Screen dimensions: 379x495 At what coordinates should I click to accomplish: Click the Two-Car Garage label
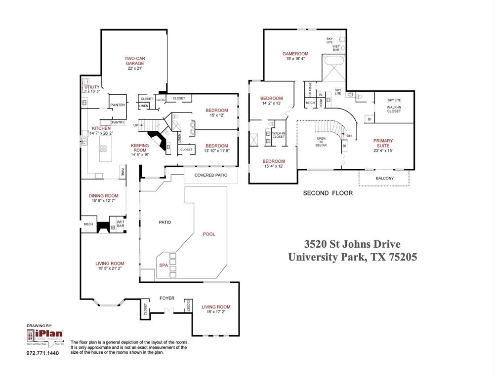pyautogui.click(x=134, y=61)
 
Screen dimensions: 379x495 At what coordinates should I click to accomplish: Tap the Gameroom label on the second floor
pyautogui.click(x=295, y=54)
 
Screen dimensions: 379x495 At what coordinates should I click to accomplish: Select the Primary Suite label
pyautogui.click(x=383, y=143)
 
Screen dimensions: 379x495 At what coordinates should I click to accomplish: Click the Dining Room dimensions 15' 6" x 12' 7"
pyautogui.click(x=104, y=201)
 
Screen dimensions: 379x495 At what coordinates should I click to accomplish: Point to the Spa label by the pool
pyautogui.click(x=163, y=265)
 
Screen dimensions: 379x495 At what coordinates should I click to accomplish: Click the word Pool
pyautogui.click(x=209, y=234)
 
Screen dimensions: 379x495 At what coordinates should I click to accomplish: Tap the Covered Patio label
pyautogui.click(x=211, y=175)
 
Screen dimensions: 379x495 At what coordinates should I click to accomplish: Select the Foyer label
pyautogui.click(x=167, y=298)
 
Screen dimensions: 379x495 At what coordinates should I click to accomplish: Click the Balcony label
pyautogui.click(x=384, y=178)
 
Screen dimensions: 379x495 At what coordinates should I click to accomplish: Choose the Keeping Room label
pyautogui.click(x=139, y=148)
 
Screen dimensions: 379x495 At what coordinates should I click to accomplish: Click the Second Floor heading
pyautogui.click(x=328, y=193)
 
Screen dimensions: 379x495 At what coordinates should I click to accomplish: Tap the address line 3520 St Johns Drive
pyautogui.click(x=352, y=244)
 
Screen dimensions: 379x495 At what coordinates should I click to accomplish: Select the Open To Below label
pyautogui.click(x=321, y=142)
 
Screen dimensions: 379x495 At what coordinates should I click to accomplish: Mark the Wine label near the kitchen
pyautogui.click(x=122, y=172)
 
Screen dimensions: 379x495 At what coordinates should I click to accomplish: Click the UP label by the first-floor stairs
pyautogui.click(x=135, y=125)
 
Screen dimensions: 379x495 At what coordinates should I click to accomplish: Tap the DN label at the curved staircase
pyautogui.click(x=349, y=136)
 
